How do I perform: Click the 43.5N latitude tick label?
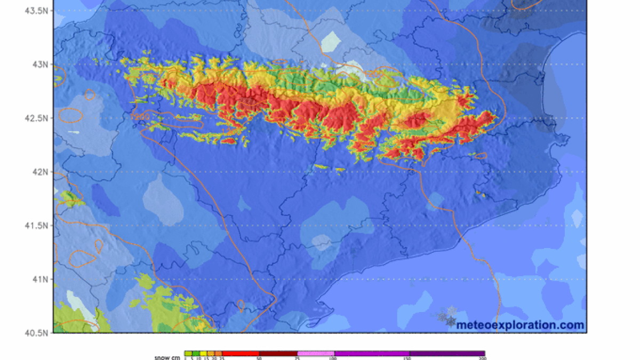[38, 11]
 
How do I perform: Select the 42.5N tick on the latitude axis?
[38, 118]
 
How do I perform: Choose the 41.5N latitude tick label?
[38, 226]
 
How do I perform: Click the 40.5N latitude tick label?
[38, 332]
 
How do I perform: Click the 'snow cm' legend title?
[167, 357]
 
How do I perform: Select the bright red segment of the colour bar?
[241, 353]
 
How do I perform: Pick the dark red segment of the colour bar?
[278, 353]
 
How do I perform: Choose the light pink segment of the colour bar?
[316, 353]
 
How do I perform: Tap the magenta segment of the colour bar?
[372, 353]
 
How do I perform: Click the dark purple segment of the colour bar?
[447, 353]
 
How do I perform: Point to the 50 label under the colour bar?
[259, 358]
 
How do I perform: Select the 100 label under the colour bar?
[333, 358]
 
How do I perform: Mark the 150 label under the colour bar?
[409, 358]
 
